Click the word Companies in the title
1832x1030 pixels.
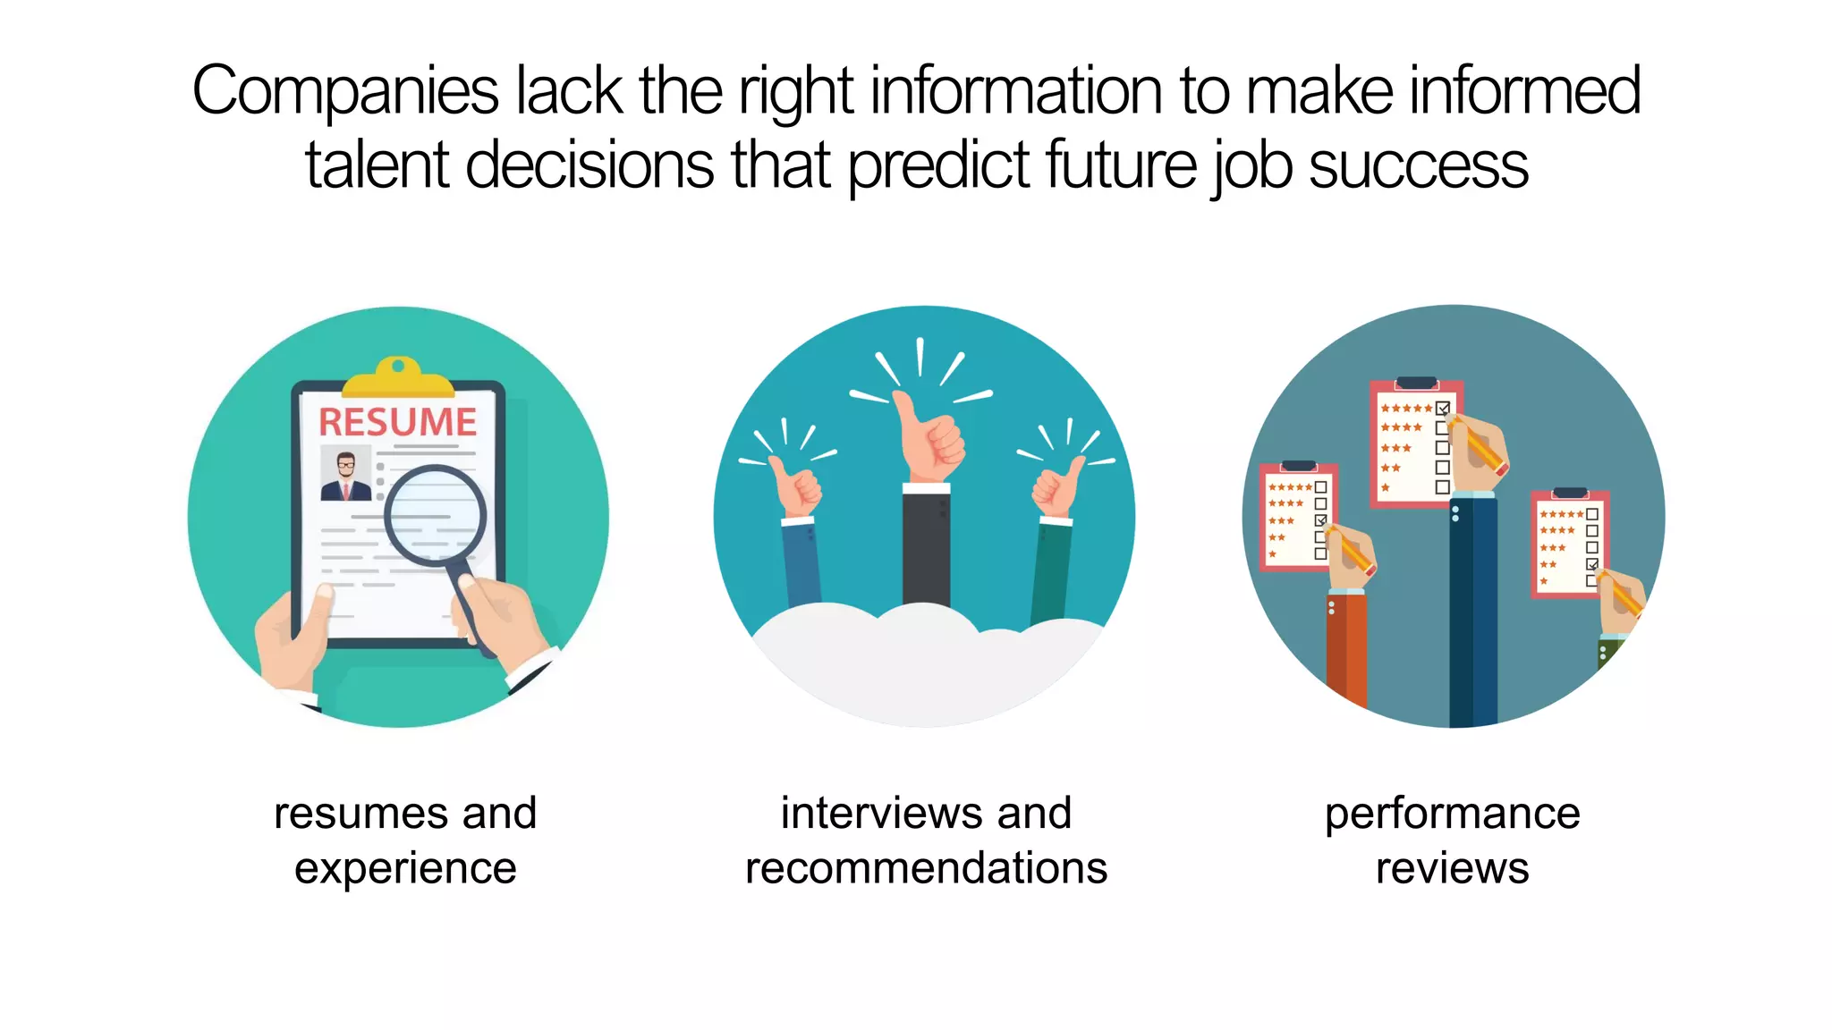[344, 92]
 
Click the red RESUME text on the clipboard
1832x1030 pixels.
[398, 422]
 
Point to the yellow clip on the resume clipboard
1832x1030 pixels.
[398, 378]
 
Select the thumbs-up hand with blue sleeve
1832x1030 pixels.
[794, 487]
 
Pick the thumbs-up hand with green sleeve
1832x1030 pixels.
[1057, 487]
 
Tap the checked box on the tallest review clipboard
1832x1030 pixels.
[1442, 409]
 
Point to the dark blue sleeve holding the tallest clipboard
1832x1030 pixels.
[1472, 608]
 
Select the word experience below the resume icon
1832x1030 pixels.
[405, 869]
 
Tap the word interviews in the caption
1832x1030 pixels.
[873, 814]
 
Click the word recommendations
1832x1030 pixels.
[926, 869]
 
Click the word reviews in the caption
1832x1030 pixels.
[1452, 869]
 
